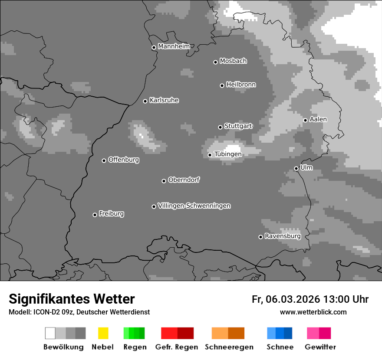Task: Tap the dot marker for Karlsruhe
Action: pos(145,101)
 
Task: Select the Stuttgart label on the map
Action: pos(238,126)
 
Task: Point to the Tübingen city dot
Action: pos(210,155)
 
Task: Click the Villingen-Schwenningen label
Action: pos(194,206)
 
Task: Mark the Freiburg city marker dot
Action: pos(95,215)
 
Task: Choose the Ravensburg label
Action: pos(283,236)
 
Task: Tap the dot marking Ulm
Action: pos(296,168)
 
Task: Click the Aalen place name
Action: pos(318,119)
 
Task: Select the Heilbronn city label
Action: pos(241,85)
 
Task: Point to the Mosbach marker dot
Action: pos(215,62)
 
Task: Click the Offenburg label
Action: pos(124,160)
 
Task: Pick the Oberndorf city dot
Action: pos(164,181)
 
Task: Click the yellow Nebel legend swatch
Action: pos(103,333)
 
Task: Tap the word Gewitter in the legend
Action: pos(320,347)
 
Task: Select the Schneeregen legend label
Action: pos(229,347)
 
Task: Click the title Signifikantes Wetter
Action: pos(72,299)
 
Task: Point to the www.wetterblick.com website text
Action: pos(313,312)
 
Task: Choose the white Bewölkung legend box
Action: pos(50,333)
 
